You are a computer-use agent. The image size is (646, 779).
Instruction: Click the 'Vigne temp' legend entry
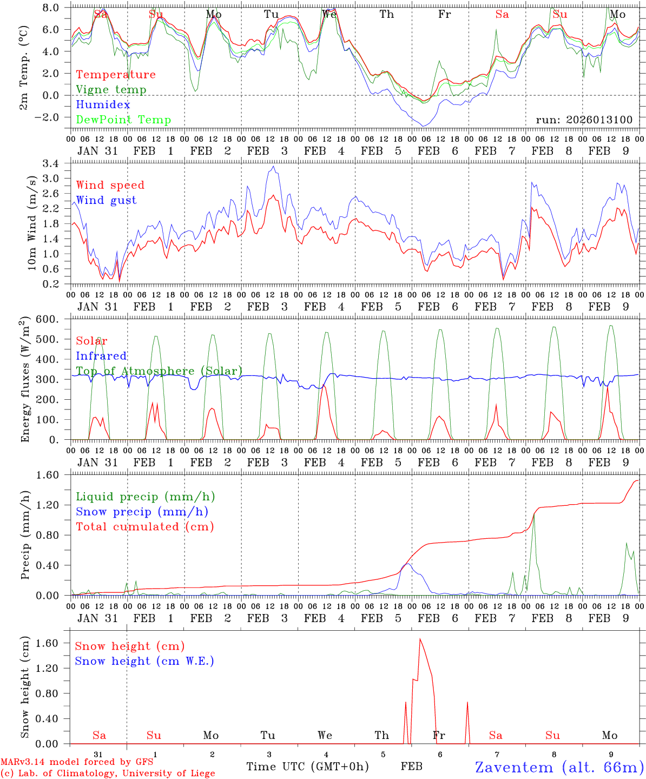point(111,90)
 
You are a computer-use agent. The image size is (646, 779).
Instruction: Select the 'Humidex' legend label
point(103,105)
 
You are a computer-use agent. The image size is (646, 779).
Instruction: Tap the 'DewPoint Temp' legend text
point(123,120)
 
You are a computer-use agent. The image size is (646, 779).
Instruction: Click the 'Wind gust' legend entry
point(106,200)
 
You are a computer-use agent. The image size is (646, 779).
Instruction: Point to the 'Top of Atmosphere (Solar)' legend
point(159,371)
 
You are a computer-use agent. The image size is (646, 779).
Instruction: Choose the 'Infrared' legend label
point(101,356)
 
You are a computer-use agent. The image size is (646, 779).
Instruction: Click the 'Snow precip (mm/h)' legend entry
point(142,512)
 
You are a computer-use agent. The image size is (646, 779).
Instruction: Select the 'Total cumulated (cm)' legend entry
point(145,527)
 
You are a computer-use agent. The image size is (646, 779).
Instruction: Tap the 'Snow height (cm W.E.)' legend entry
point(144,661)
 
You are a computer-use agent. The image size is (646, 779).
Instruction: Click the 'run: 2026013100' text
point(584,120)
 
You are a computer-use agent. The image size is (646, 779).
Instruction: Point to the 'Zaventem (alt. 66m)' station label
point(559,767)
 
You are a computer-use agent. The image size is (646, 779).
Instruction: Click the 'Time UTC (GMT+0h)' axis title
point(307,767)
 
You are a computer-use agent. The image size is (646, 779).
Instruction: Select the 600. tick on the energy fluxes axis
point(49,320)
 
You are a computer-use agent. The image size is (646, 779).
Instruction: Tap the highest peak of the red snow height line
point(420,639)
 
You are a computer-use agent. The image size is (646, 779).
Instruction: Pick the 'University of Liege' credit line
point(108,774)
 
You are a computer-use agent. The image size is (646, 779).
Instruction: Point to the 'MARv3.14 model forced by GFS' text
point(77,762)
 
